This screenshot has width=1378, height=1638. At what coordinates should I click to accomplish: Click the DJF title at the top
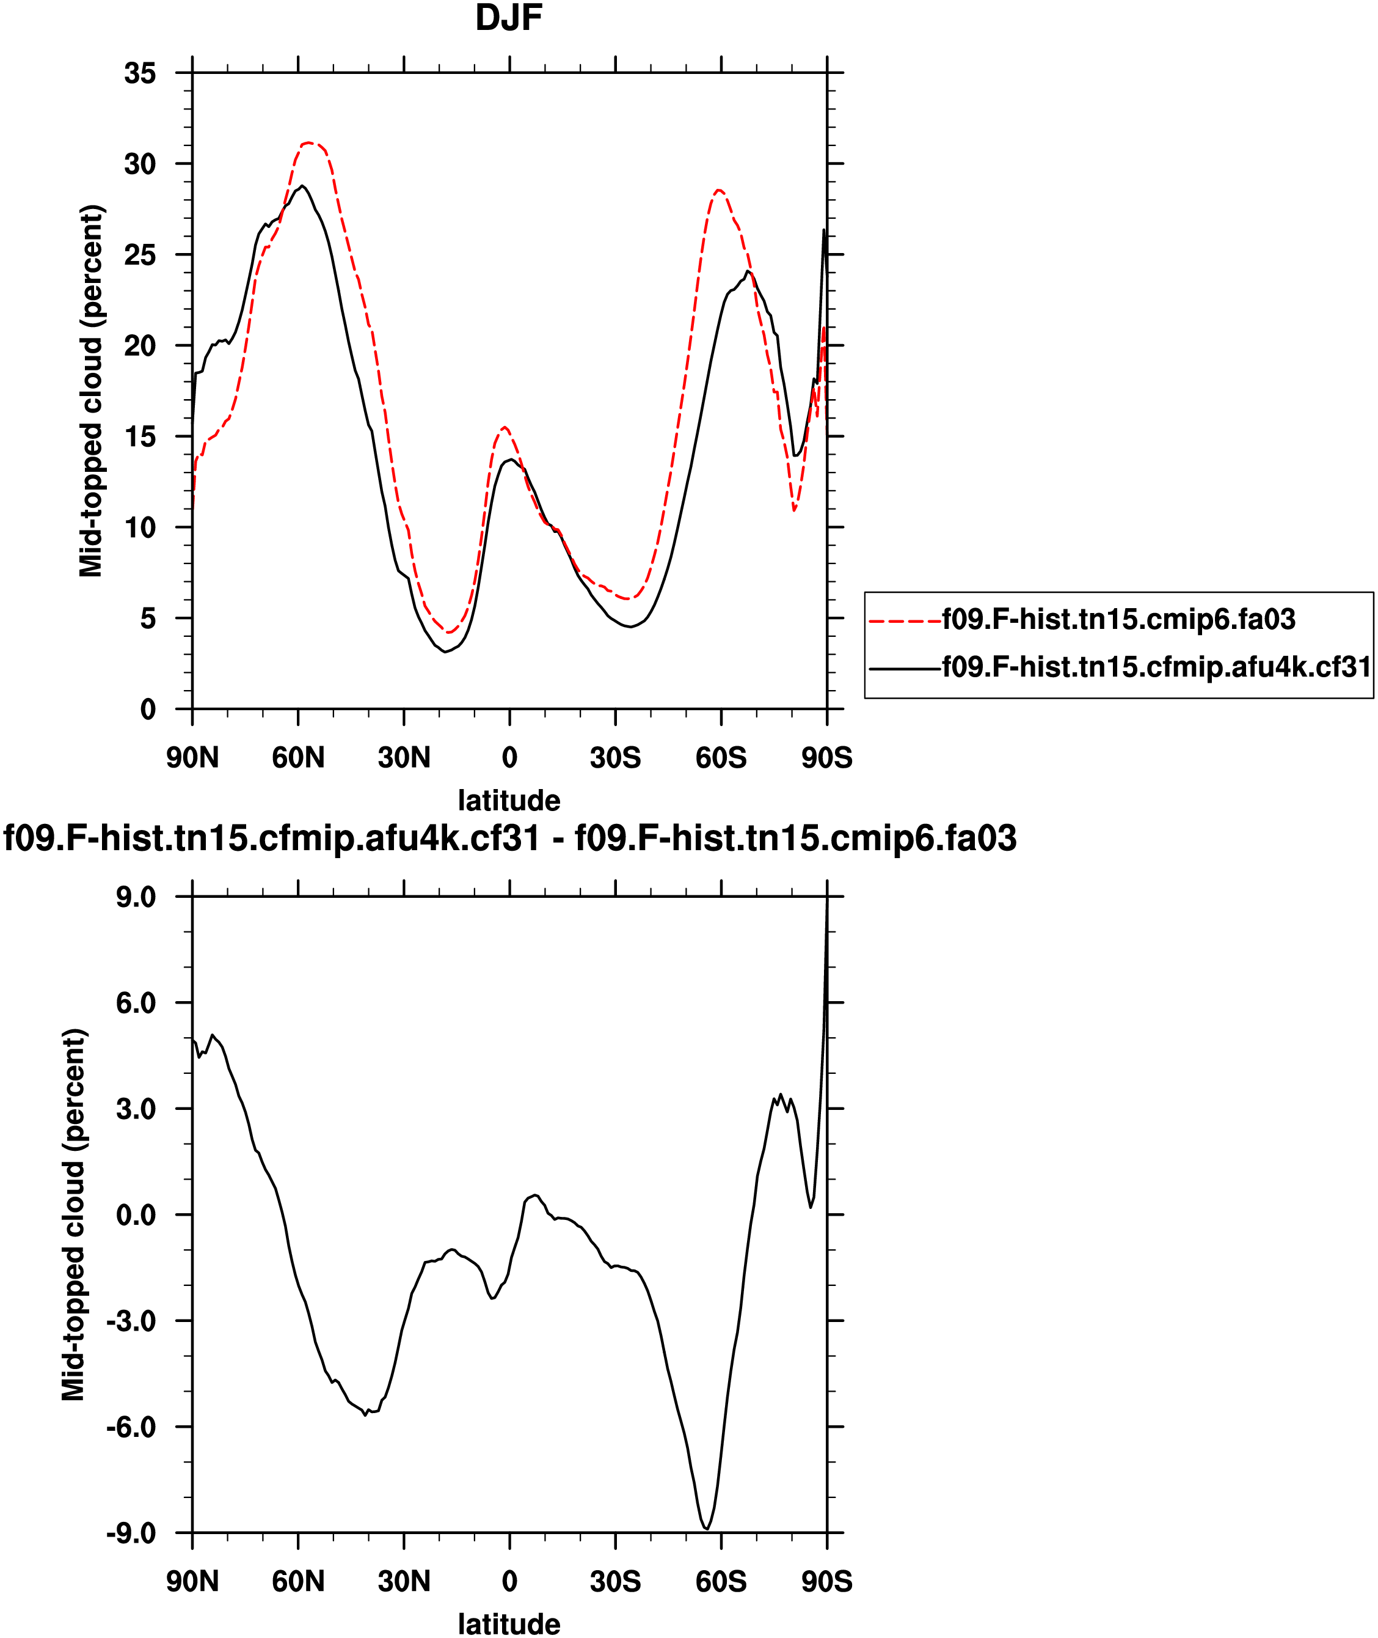point(509,18)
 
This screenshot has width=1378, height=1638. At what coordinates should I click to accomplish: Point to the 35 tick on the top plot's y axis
point(140,73)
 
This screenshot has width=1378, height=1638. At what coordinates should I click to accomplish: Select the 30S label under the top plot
point(615,757)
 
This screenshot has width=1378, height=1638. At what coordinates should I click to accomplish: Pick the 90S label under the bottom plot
point(826,1581)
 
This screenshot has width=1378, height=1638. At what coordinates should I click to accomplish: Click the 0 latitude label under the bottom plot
point(509,1581)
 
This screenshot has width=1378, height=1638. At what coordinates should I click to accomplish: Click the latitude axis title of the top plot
point(509,800)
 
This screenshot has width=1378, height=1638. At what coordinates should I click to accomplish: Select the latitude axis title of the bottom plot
point(509,1624)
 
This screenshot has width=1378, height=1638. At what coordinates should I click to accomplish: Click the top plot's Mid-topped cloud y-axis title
point(92,391)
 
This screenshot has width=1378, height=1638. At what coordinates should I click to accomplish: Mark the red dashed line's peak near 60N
point(308,143)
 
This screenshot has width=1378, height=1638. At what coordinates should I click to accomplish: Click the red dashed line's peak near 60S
point(719,190)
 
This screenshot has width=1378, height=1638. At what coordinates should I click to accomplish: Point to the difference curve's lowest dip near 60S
point(706,1529)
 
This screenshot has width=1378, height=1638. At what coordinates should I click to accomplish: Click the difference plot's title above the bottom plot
point(509,838)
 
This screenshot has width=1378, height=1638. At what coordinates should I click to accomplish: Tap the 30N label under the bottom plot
point(404,1581)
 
